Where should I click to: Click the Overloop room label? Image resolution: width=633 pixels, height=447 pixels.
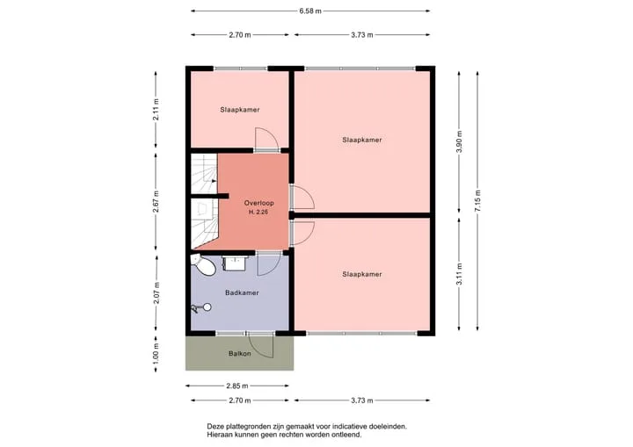tap(258, 203)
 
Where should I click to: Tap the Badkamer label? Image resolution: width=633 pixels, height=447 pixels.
tap(242, 293)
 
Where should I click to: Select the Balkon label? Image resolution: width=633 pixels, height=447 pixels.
tap(240, 354)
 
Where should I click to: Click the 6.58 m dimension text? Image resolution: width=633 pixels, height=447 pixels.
tap(310, 11)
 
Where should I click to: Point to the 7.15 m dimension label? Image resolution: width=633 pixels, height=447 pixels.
tap(477, 201)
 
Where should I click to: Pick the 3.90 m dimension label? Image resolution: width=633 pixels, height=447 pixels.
tap(459, 142)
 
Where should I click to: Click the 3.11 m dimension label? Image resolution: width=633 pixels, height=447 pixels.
tap(459, 274)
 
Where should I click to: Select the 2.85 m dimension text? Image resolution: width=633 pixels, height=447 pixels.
tap(237, 386)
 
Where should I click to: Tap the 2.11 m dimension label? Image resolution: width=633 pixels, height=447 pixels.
tap(156, 109)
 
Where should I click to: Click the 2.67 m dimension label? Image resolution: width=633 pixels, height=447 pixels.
tap(156, 202)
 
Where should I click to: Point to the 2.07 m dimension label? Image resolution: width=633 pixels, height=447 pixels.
tap(156, 293)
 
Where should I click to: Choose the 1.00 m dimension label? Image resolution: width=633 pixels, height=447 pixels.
tap(156, 353)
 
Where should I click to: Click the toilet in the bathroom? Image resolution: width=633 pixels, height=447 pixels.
tap(203, 264)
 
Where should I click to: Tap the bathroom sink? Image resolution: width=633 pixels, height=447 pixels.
tap(234, 263)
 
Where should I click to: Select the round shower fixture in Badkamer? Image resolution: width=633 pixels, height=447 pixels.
tap(207, 307)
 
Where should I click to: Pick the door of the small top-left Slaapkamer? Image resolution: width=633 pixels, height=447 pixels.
tap(266, 140)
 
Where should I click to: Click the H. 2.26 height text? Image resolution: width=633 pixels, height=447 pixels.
tap(258, 212)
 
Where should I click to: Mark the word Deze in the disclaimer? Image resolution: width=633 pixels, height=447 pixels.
tap(215, 426)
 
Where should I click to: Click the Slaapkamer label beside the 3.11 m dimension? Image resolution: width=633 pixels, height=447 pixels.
tap(362, 274)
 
